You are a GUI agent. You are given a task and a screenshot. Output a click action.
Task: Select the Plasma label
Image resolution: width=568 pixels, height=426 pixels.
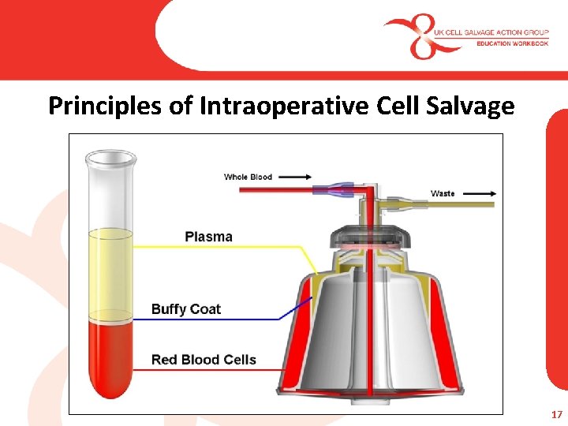coord(208,236)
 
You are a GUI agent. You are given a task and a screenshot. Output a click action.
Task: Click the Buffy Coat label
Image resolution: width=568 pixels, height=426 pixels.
coord(186,309)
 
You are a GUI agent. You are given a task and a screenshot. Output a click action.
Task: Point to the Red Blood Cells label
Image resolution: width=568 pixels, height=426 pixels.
coord(204,360)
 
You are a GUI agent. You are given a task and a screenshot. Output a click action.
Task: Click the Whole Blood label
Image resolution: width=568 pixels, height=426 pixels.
coord(248,177)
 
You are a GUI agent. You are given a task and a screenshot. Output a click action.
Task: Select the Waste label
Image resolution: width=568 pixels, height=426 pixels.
coord(442,193)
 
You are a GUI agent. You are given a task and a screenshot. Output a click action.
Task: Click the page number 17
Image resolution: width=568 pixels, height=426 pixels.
coord(556,414)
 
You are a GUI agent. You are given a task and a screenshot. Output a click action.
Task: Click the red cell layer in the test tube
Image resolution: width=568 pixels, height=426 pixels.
coord(110,355)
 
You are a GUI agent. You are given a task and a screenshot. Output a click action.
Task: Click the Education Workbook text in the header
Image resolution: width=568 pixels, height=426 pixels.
coord(512,43)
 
